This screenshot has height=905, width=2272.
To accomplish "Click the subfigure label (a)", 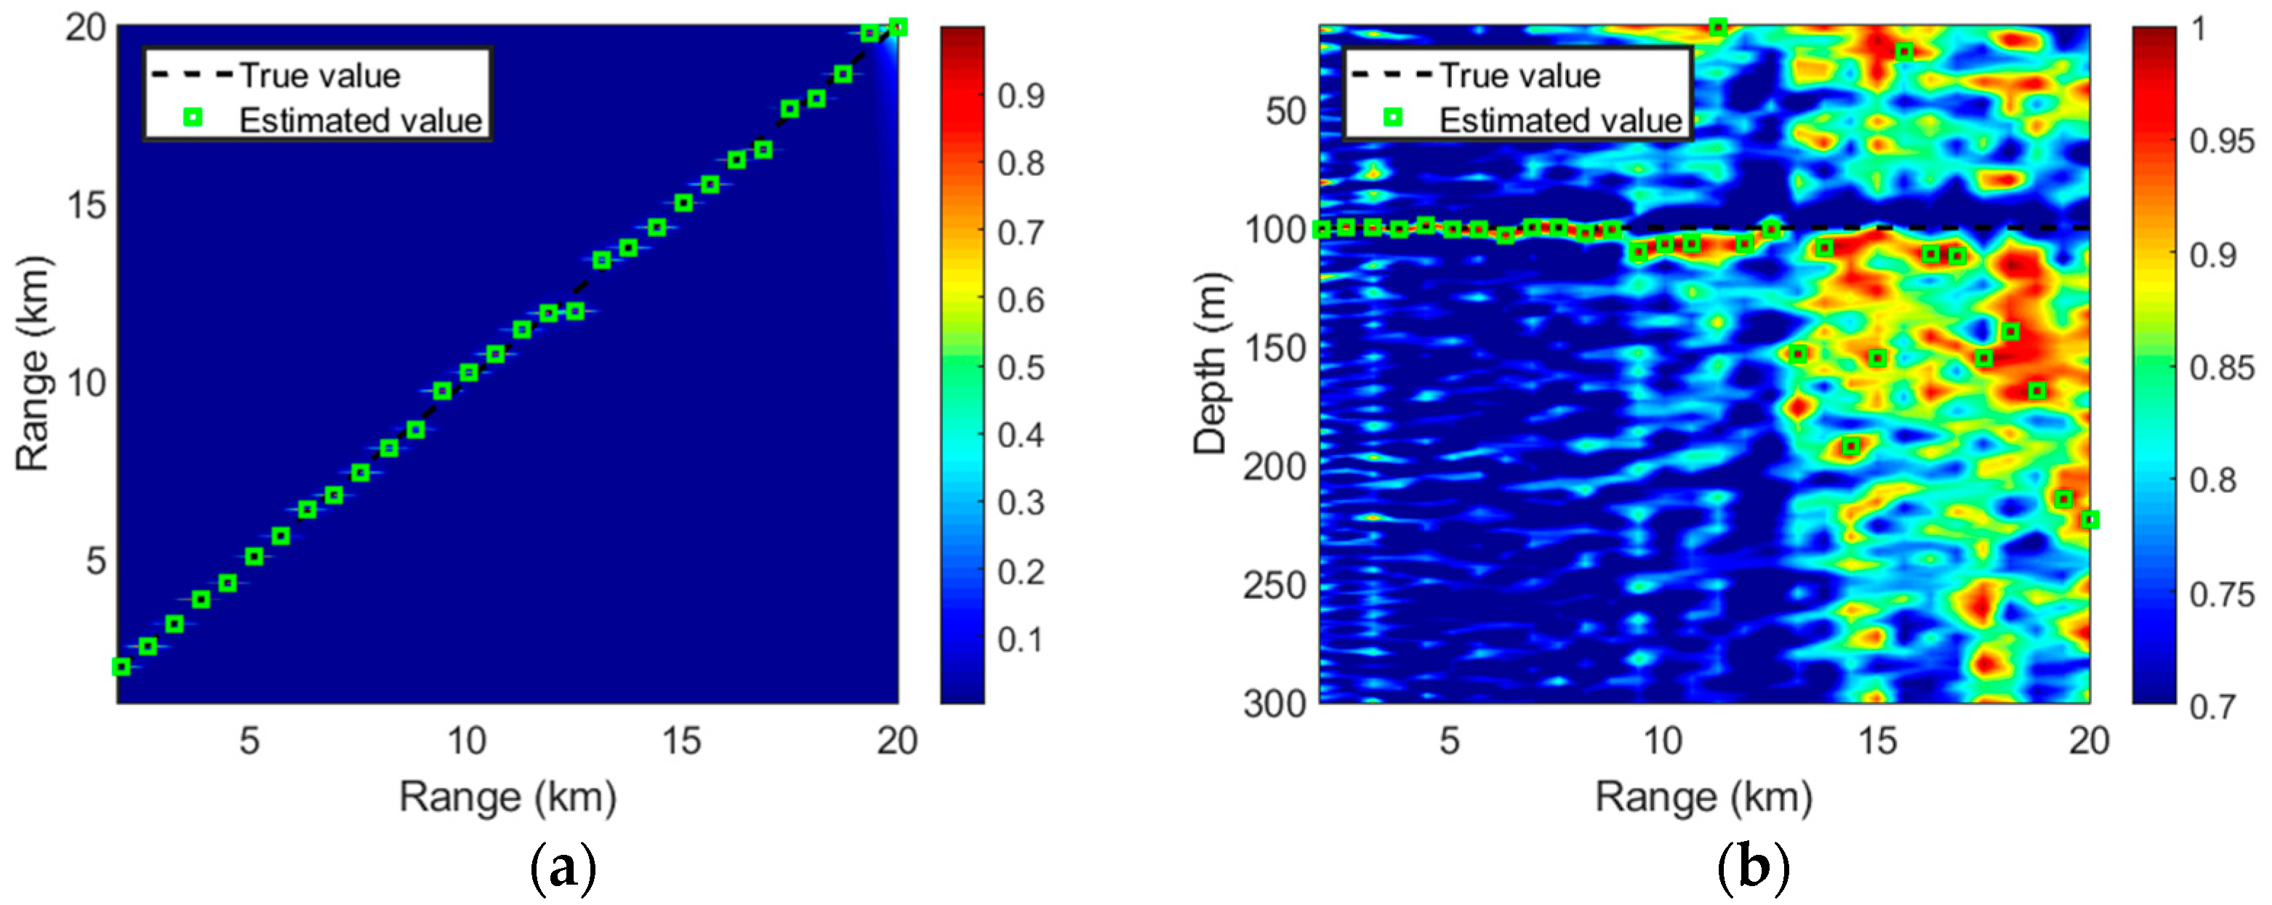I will pyautogui.click(x=564, y=869).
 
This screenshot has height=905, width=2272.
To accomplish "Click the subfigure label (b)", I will pyautogui.click(x=1754, y=869).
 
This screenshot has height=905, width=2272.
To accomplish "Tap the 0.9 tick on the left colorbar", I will pyautogui.click(x=1021, y=95).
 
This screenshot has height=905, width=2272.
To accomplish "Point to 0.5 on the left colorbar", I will pyautogui.click(x=1021, y=368).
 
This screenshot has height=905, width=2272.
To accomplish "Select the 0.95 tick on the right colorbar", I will pyautogui.click(x=2222, y=141).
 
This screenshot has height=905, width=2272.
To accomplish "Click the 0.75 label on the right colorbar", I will pyautogui.click(x=2222, y=595).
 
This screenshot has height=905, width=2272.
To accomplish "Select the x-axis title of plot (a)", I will pyautogui.click(x=507, y=797).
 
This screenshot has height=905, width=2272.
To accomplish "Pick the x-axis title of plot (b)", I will pyautogui.click(x=1703, y=797).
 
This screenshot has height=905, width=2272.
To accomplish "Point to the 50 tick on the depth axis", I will pyautogui.click(x=1285, y=111).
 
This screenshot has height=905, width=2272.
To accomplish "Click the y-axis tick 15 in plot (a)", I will pyautogui.click(x=86, y=206).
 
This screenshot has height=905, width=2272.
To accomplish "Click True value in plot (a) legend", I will pyautogui.click(x=320, y=76).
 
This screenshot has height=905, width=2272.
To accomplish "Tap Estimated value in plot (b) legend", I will pyautogui.click(x=1560, y=120).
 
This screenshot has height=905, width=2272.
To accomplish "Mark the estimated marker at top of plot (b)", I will pyautogui.click(x=1717, y=28).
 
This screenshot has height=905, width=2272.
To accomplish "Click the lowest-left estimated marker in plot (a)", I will pyautogui.click(x=121, y=667).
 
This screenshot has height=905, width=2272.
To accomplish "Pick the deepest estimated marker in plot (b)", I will pyautogui.click(x=2090, y=520).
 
